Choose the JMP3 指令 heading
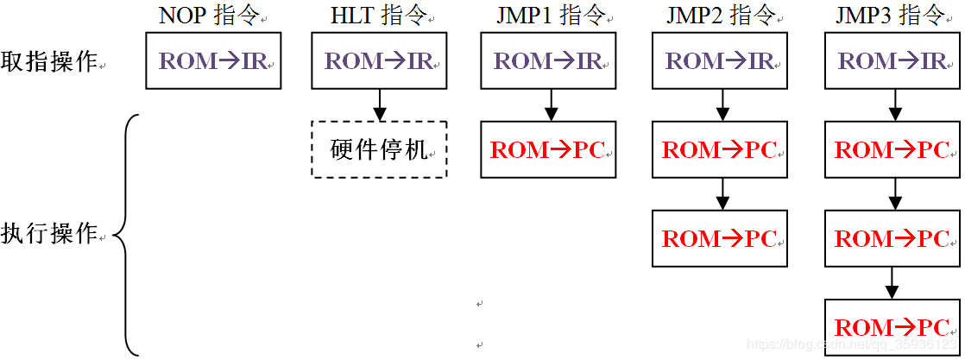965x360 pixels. pos(892,15)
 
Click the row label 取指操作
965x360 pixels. pos(49,61)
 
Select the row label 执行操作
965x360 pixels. pos(49,233)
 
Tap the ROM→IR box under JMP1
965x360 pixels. pos(548,61)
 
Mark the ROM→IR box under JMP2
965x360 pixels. pos(720,61)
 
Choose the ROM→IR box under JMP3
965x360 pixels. pos(892,61)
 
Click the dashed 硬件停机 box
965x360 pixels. pos(379,149)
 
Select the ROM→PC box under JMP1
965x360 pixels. pos(548,149)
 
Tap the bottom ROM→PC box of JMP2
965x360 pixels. pos(720,238)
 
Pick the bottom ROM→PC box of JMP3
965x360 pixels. pos(892,327)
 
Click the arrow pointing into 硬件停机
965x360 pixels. pos(379,104)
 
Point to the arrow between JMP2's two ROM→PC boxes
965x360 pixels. pos(720,193)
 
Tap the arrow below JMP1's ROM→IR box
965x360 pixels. pos(548,104)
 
